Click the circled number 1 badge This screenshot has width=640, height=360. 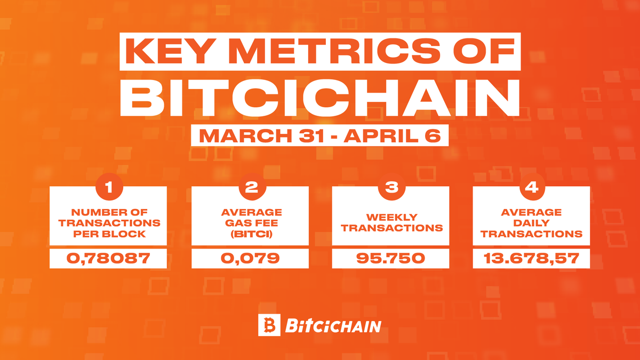[x=108, y=188]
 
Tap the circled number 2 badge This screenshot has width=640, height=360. [x=250, y=188]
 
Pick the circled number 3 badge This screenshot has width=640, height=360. [x=391, y=188]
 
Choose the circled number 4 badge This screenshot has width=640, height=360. [x=532, y=188]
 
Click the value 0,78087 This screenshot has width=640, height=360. [x=108, y=259]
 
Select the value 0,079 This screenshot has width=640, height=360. [x=250, y=259]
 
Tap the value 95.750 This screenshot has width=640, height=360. [x=391, y=259]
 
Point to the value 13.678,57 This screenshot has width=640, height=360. [x=532, y=259]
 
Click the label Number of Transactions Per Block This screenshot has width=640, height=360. [x=108, y=222]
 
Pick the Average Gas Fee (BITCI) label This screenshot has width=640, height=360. [x=250, y=222]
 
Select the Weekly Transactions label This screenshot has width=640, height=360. [x=391, y=222]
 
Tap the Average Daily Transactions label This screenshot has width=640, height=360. [x=532, y=222]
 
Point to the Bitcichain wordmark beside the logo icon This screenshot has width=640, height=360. [x=333, y=325]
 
